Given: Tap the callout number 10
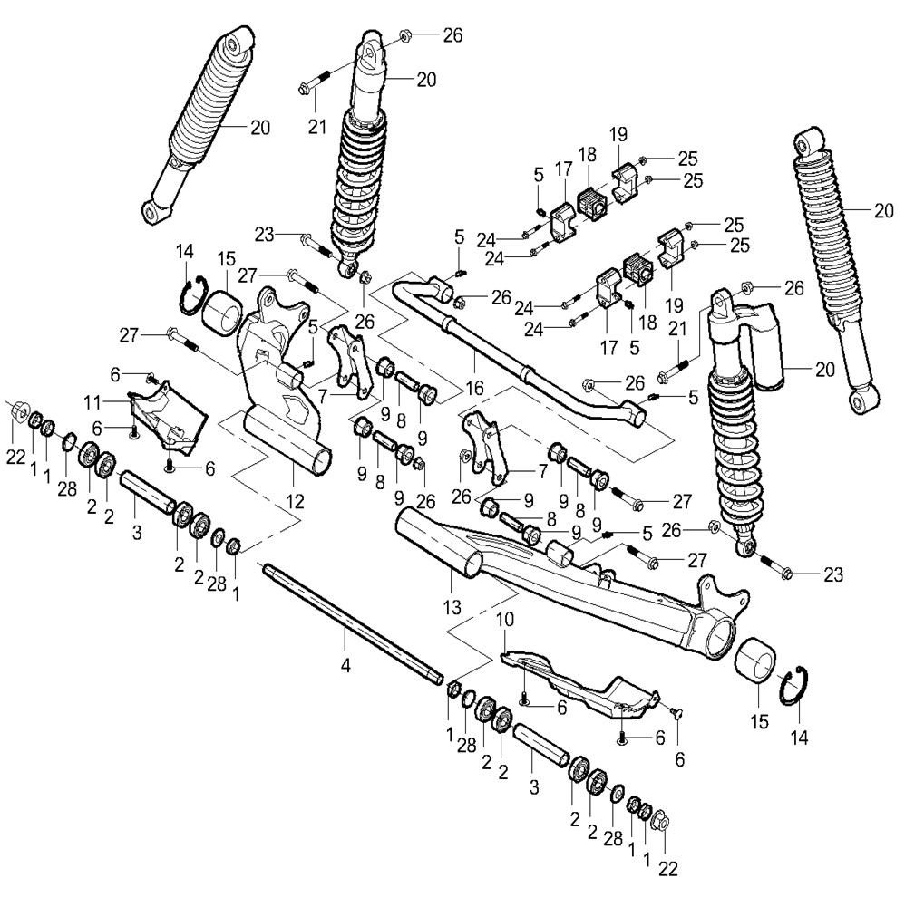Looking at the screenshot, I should (x=505, y=621).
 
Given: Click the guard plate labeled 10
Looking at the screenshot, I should (x=580, y=684).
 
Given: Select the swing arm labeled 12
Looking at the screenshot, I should (x=281, y=381).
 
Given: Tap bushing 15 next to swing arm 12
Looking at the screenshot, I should (x=222, y=314).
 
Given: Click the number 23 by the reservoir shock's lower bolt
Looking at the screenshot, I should (x=833, y=574).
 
